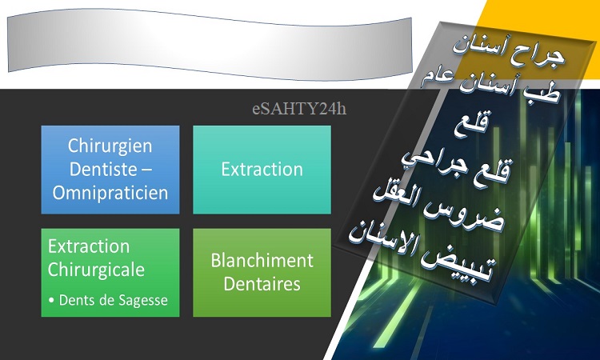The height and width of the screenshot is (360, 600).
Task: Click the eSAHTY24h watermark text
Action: pos(299,109)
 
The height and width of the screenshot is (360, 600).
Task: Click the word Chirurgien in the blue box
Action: pos(110,146)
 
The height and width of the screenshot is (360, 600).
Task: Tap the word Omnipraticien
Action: pos(110,193)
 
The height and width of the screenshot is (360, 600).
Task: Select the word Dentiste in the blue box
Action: pos(103,169)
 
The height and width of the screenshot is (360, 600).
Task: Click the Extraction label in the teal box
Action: pos(262,170)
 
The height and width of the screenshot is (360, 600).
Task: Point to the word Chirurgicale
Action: pos(96,270)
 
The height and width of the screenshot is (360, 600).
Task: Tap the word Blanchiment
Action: pos(262,261)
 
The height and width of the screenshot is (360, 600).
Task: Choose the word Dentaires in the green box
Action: pos(262,284)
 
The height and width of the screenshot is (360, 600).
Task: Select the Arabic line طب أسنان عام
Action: pos(491,86)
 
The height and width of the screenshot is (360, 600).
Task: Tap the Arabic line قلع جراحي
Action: pos(457,167)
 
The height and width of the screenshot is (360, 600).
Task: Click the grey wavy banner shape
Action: pos(210,45)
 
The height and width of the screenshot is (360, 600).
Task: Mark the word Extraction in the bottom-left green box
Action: pos(89,246)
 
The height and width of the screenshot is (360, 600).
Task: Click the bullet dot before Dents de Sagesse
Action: pos(51,301)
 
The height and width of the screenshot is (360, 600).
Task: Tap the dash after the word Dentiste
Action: pos(146,170)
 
